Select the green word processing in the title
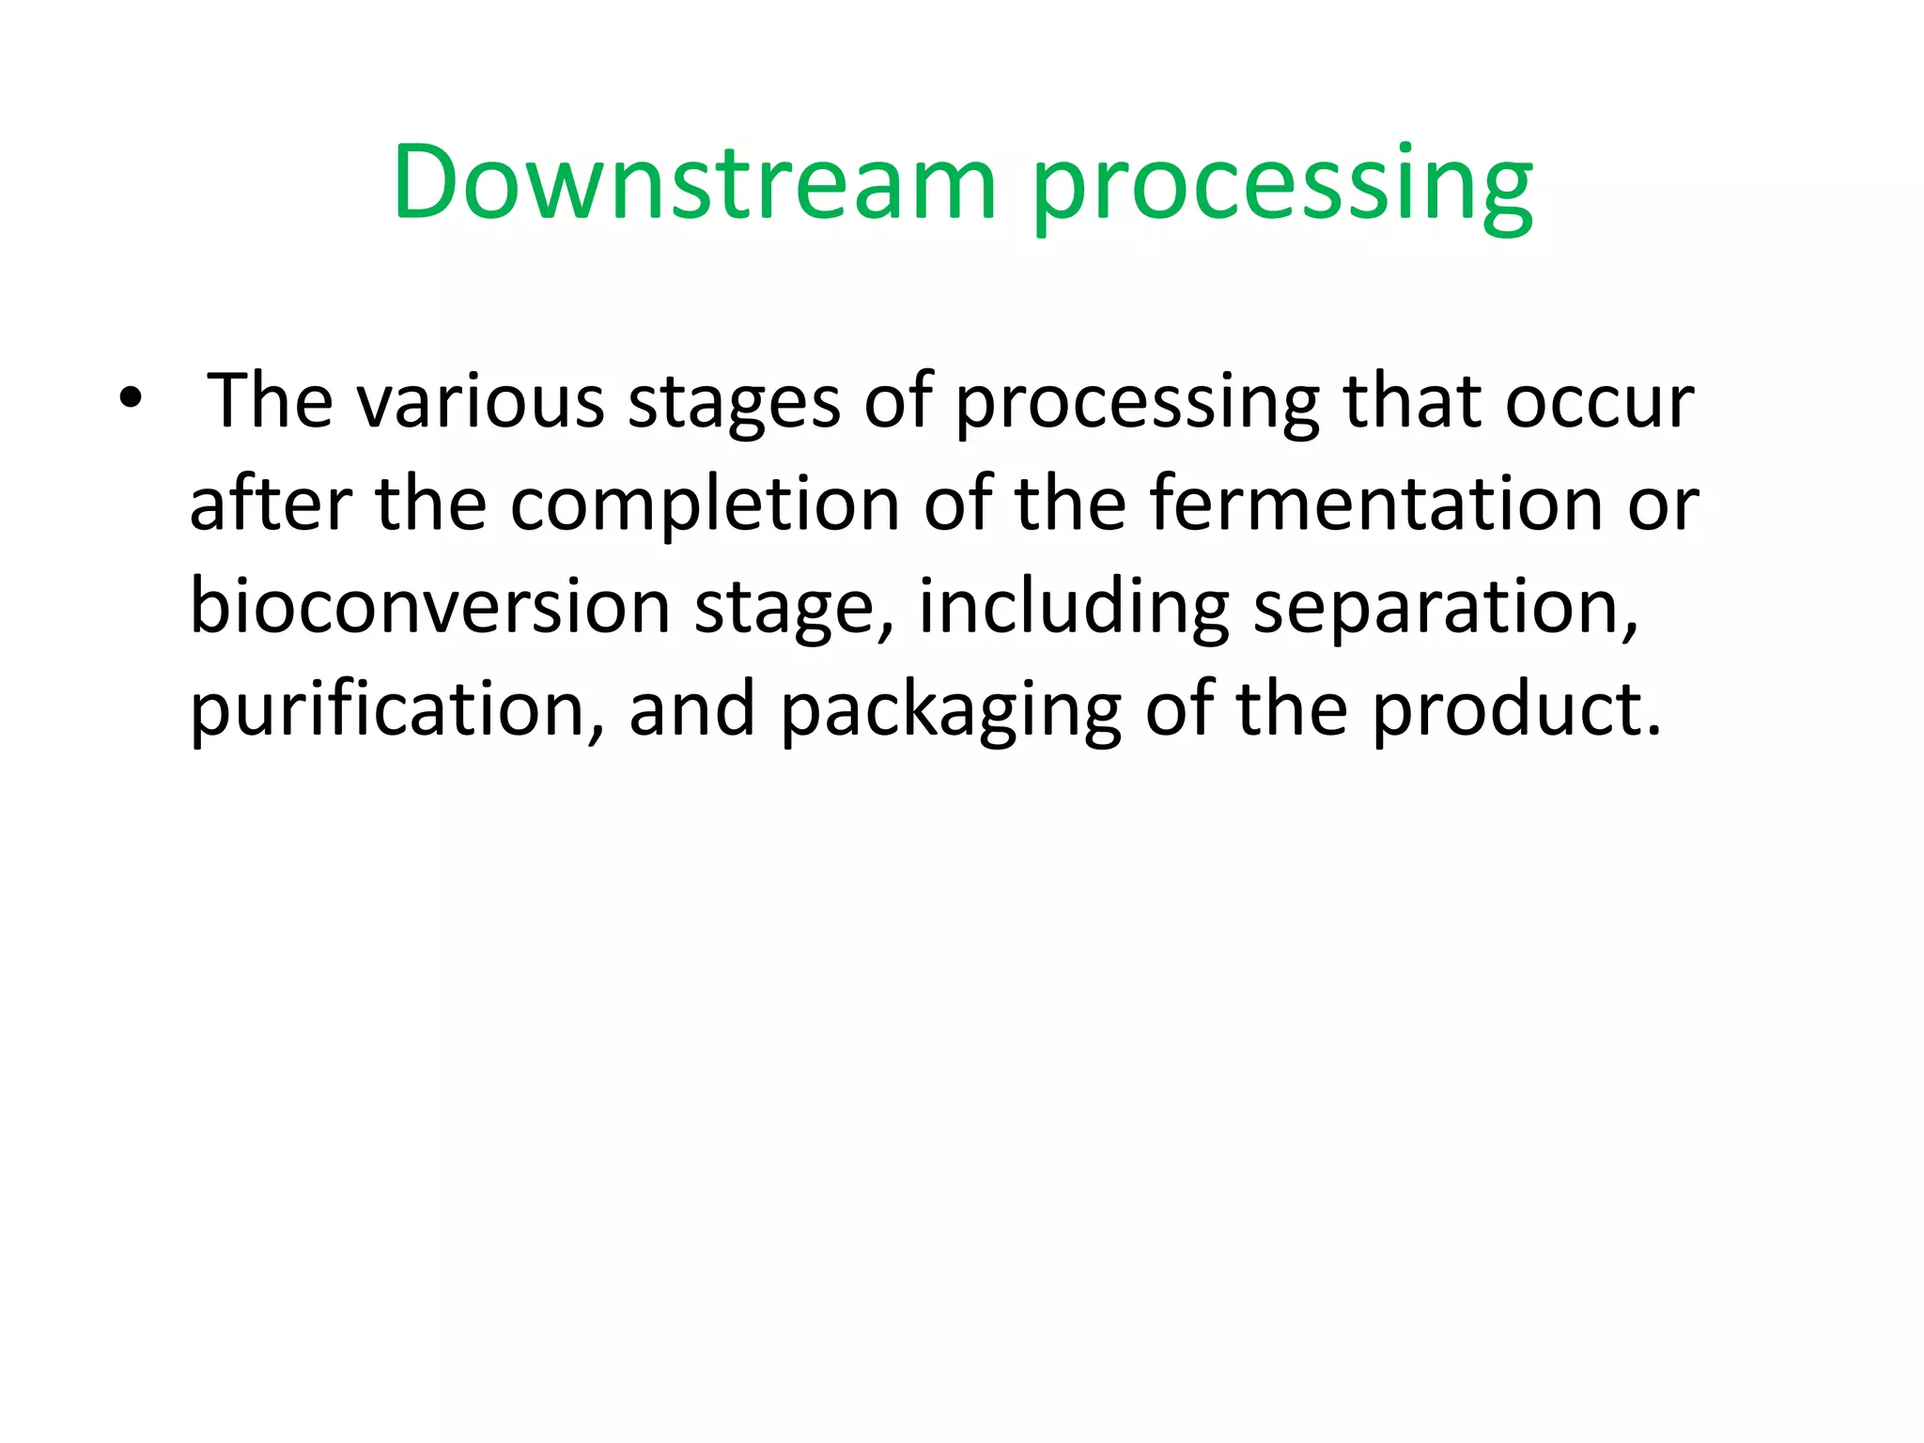click(1282, 186)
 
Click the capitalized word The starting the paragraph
click(270, 401)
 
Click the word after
click(271, 504)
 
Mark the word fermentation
click(1375, 504)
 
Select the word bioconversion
click(430, 606)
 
